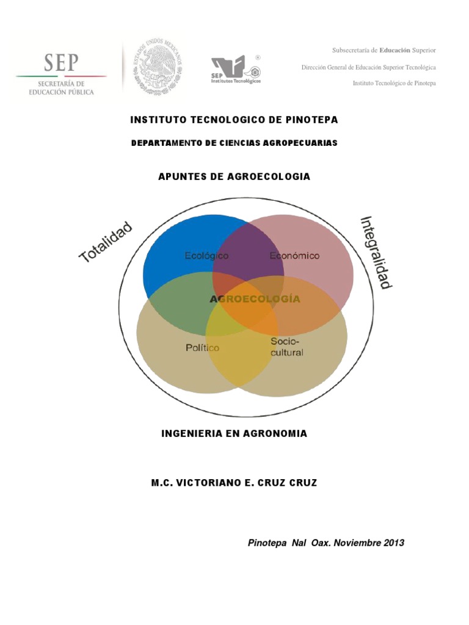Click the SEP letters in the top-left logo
61,62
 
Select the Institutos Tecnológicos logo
236,69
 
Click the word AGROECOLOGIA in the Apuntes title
269,176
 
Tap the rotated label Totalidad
106,242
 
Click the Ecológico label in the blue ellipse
206,256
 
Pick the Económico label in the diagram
294,256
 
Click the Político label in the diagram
202,348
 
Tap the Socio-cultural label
286,347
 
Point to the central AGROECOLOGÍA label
255,299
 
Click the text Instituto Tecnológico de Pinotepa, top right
394,83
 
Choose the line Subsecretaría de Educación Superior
384,50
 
